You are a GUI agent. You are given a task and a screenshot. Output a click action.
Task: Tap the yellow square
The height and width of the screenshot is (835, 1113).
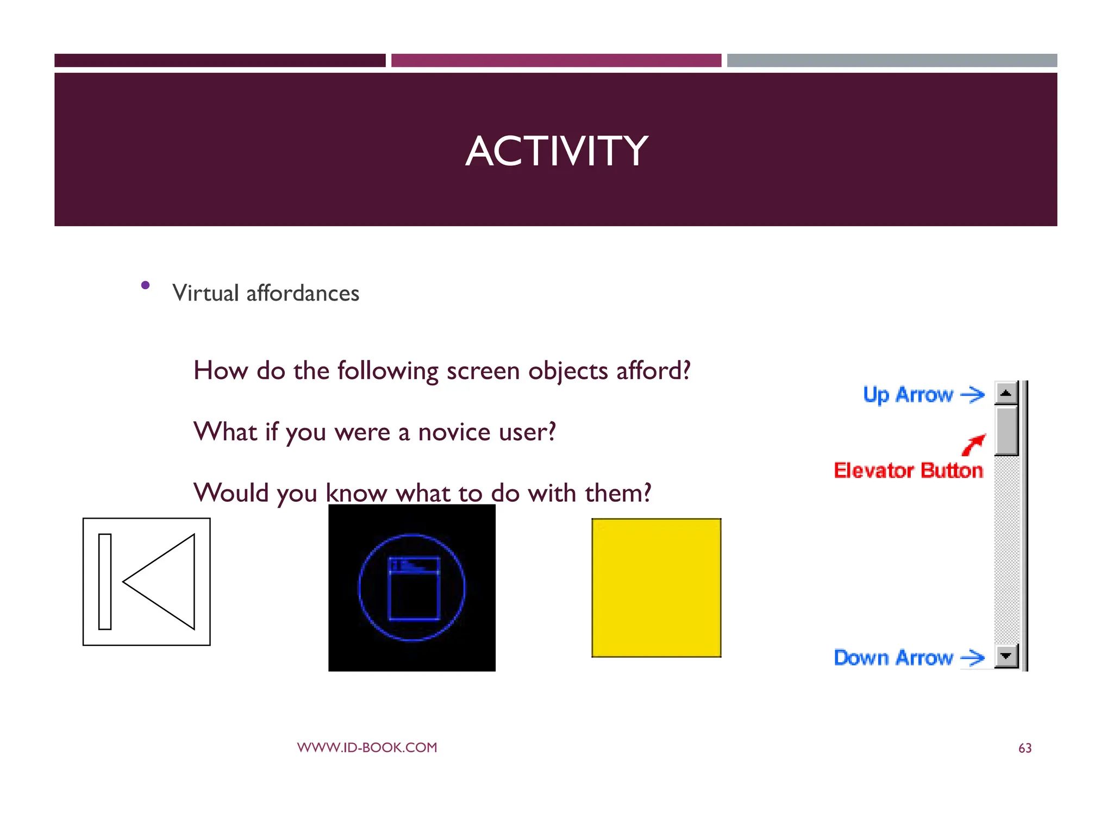click(656, 588)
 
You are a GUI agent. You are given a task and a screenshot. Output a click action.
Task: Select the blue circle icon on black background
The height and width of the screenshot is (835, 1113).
click(412, 588)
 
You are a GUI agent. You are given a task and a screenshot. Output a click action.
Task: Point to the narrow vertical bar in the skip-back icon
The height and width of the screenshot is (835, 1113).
click(105, 582)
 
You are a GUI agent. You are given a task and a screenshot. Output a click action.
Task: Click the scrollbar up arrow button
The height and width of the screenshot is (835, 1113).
click(1005, 393)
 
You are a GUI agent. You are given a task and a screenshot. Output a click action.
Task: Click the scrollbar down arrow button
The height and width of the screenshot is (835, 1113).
click(1005, 656)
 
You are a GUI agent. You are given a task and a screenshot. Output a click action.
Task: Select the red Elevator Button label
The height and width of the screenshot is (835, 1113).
click(908, 471)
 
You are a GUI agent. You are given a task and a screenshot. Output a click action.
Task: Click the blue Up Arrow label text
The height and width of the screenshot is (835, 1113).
click(908, 395)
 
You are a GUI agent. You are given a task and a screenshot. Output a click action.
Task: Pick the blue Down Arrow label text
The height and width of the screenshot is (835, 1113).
click(893, 658)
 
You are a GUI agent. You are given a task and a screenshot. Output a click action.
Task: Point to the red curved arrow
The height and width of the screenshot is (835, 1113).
click(973, 445)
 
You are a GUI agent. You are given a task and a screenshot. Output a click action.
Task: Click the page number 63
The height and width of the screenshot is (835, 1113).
click(1024, 749)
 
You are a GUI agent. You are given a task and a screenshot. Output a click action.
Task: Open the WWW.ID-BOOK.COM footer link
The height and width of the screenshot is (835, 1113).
click(367, 747)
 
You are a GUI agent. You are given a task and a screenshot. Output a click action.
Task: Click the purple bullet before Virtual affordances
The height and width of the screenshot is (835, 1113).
click(145, 285)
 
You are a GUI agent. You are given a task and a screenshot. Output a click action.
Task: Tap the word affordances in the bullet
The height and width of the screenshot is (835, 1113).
click(303, 294)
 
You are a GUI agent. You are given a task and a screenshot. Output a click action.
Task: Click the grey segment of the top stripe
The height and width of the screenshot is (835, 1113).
click(892, 60)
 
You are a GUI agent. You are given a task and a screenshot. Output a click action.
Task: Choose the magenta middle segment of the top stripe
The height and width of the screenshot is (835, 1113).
click(556, 60)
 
